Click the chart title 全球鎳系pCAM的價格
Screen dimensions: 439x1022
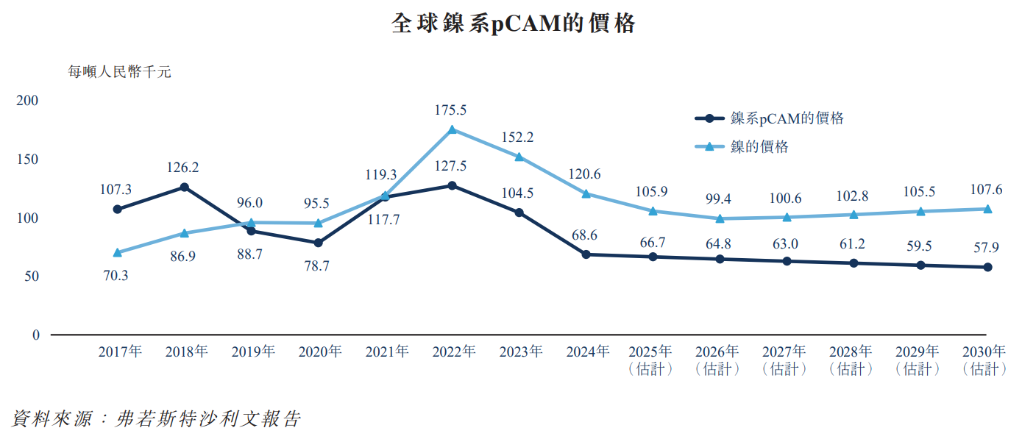tap(513, 24)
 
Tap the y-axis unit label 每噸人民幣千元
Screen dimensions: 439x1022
tap(119, 72)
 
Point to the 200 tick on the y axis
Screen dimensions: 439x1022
tap(29, 101)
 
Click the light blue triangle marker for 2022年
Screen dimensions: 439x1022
tap(453, 129)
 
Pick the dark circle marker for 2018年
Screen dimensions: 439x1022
tap(185, 187)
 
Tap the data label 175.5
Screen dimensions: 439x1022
tap(451, 110)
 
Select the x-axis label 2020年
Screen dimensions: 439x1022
tap(319, 351)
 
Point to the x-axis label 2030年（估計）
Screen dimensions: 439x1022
tap(984, 360)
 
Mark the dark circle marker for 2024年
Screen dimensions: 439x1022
tap(586, 254)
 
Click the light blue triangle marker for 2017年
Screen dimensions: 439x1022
tap(118, 252)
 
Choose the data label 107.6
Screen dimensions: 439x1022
tap(987, 190)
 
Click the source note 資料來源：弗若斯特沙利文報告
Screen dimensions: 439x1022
tap(156, 419)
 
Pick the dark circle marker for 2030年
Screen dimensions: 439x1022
tap(987, 267)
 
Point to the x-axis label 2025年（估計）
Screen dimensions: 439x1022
tap(650, 360)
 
